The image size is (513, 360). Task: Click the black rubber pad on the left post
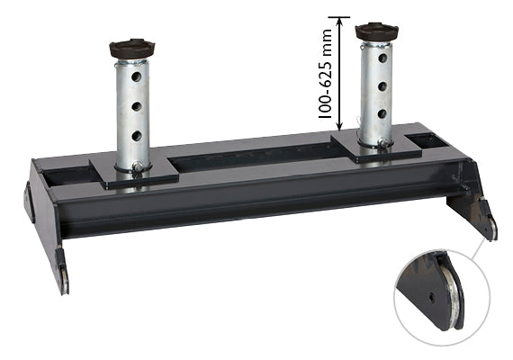pyautogui.click(x=131, y=49)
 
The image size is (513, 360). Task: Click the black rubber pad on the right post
pyautogui.click(x=376, y=32)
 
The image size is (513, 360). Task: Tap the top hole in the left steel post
pyautogui.click(x=136, y=76)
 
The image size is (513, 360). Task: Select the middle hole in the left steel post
pyautogui.click(x=137, y=106)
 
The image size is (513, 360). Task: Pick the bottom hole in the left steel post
pyautogui.click(x=137, y=136)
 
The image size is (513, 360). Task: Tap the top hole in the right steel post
pyautogui.click(x=382, y=58)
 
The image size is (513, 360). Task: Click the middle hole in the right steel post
pyautogui.click(x=382, y=86)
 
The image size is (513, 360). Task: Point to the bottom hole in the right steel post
pyautogui.click(x=382, y=114)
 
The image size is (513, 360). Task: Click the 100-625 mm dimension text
pyautogui.click(x=325, y=74)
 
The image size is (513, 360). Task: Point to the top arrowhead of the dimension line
pyautogui.click(x=339, y=21)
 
